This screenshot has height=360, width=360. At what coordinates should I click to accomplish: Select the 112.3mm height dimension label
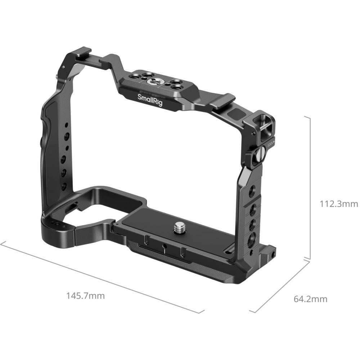(x=339, y=204)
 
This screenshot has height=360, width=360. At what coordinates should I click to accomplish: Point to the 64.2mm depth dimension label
(x=310, y=299)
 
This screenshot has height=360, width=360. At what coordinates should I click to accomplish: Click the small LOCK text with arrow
(x=271, y=143)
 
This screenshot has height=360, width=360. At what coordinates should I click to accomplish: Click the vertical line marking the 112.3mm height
(x=310, y=187)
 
